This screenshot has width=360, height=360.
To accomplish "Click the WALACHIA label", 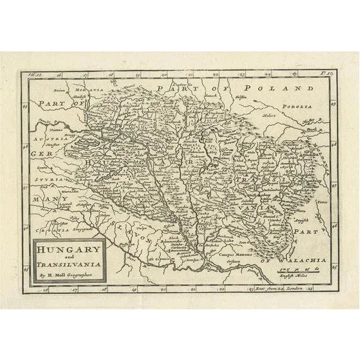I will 303,259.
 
